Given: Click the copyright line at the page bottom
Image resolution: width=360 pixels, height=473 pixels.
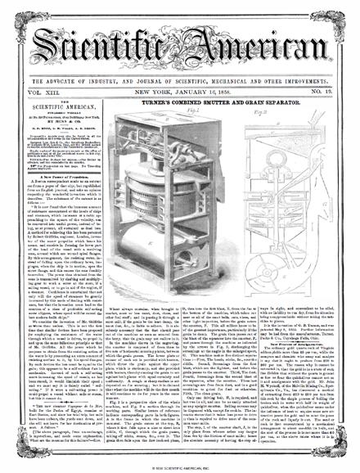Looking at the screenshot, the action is pyautogui.click(x=180, y=468).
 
